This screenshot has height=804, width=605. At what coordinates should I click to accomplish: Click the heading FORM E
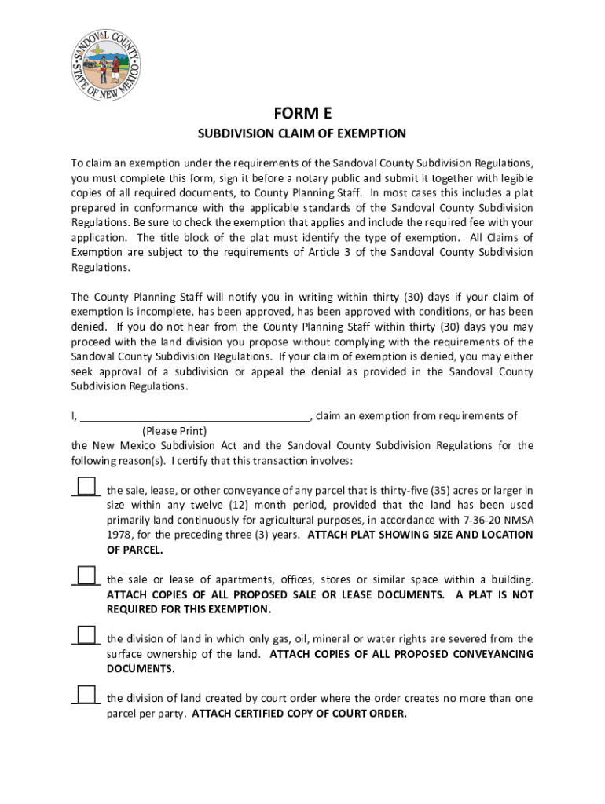[302, 113]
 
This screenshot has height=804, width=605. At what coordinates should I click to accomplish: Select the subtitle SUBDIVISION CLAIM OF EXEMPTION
[302, 133]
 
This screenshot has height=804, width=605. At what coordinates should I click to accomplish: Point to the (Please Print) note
[174, 431]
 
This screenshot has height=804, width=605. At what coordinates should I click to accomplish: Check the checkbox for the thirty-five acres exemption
[86, 485]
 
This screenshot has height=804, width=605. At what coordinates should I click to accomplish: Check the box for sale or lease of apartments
[86, 575]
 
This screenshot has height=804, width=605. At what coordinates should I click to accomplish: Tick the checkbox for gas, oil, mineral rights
[86, 634]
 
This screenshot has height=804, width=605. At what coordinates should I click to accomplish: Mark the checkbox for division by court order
[86, 693]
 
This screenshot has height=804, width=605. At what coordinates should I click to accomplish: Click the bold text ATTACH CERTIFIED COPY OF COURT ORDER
[299, 714]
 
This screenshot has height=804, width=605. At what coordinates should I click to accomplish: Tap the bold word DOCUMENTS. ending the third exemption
[141, 669]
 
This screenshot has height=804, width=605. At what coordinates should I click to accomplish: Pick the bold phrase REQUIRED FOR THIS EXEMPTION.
[189, 609]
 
